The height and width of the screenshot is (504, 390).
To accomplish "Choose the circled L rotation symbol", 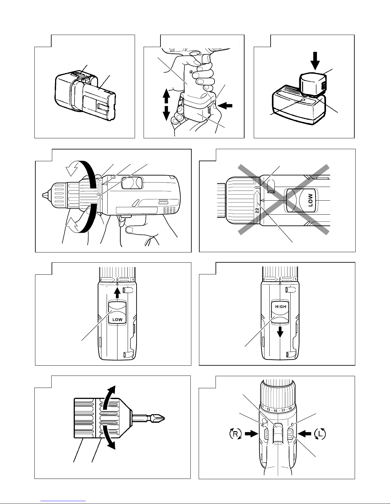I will click(319, 434).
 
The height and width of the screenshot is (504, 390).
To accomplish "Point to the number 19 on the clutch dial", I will click(290, 409).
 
